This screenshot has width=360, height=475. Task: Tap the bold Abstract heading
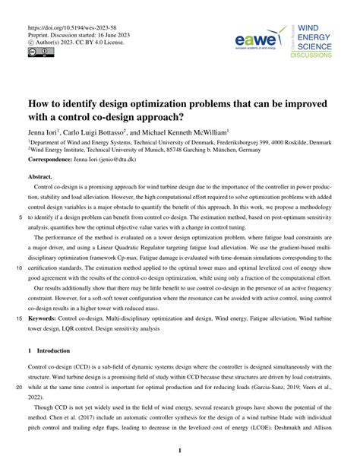coord(41,176)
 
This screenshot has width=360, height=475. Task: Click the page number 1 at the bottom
coord(180,451)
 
